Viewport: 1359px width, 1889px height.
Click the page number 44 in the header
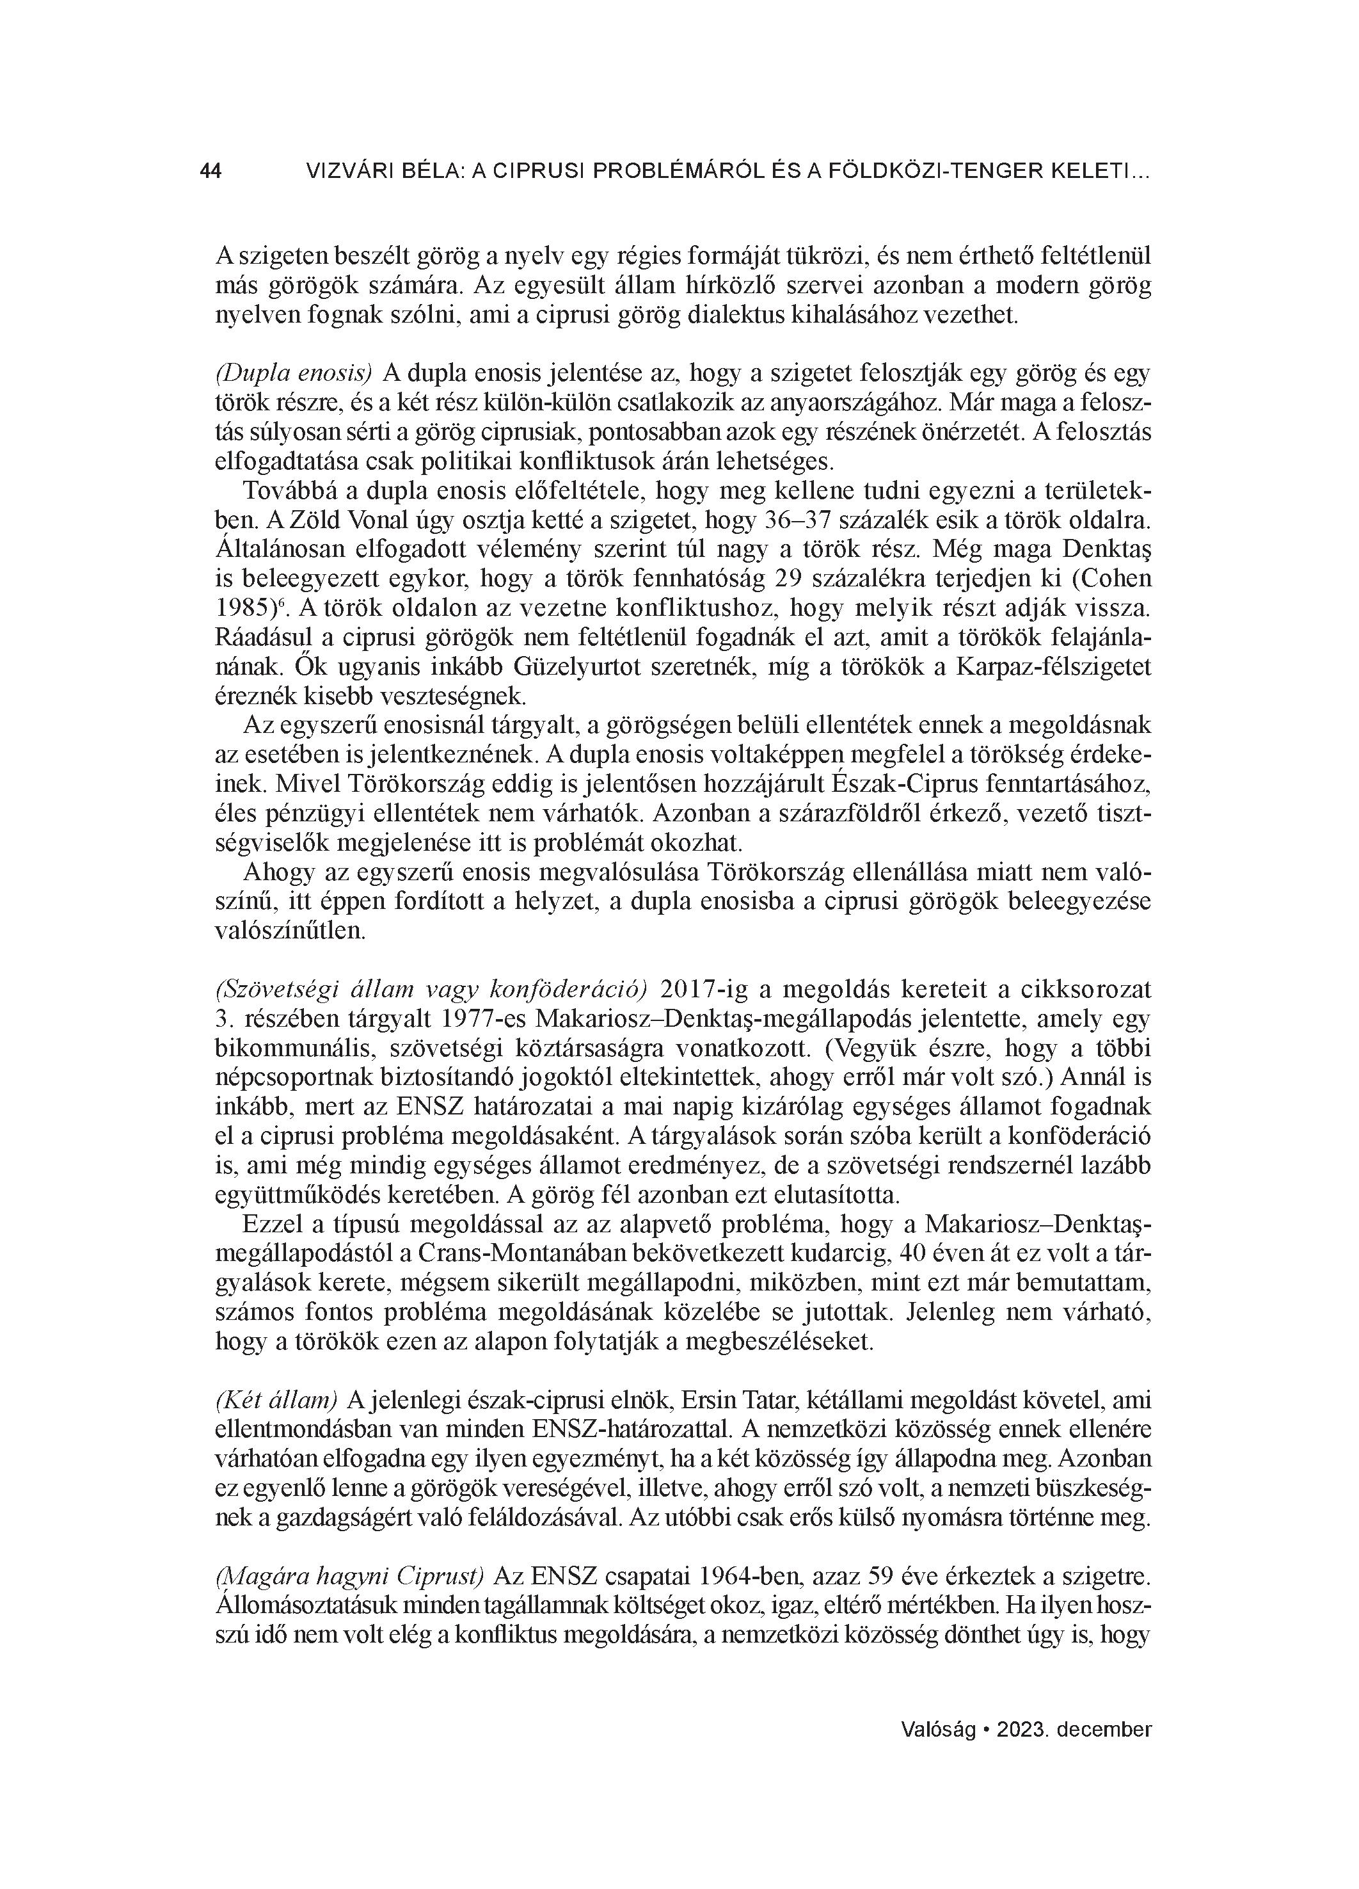coord(211,172)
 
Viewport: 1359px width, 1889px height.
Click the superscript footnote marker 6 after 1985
coord(283,602)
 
